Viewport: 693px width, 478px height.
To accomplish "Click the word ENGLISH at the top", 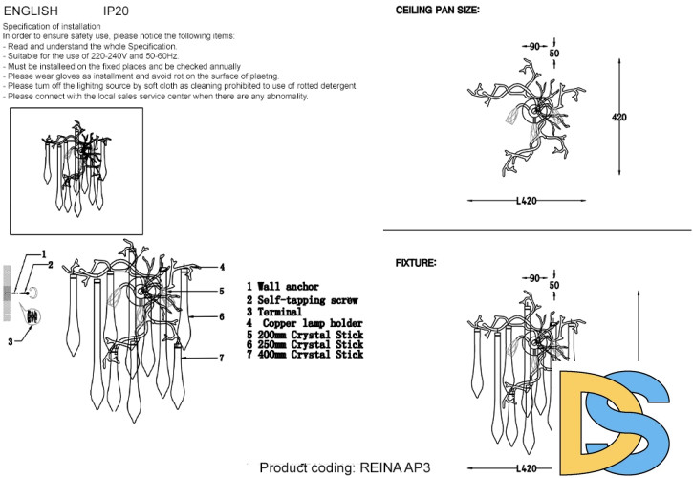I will pos(32,10).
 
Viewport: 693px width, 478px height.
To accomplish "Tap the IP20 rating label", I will pos(119,10).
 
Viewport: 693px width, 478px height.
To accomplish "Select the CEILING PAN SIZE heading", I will pos(439,10).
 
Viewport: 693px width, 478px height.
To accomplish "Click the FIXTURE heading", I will pos(416,262).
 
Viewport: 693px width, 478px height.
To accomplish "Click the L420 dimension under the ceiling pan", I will pos(527,201).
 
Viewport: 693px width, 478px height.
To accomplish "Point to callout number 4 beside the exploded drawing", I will pos(222,267).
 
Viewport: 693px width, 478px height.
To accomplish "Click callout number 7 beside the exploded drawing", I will pos(221,358).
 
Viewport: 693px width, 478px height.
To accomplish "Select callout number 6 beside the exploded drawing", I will pos(221,316).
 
